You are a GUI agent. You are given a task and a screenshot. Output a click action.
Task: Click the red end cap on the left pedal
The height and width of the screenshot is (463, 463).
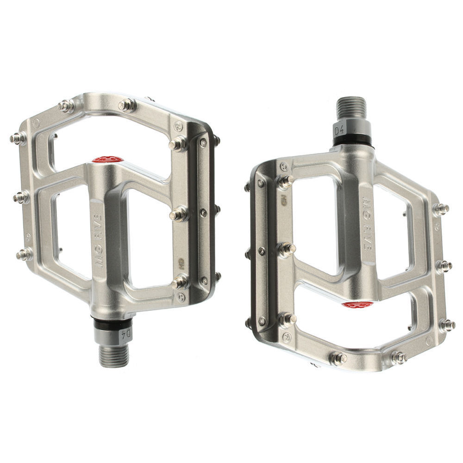[107, 160]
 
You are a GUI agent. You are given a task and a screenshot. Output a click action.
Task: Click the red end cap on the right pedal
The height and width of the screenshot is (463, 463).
[357, 305]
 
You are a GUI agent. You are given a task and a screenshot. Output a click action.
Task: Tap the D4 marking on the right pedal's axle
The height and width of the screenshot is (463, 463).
[339, 131]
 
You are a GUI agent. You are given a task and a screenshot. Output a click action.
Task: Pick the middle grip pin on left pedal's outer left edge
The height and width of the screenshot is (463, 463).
[20, 198]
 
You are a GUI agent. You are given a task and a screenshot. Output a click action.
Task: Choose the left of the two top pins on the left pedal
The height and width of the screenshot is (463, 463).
[66, 106]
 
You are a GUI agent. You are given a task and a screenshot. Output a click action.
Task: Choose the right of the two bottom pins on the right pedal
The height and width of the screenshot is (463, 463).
[398, 357]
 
